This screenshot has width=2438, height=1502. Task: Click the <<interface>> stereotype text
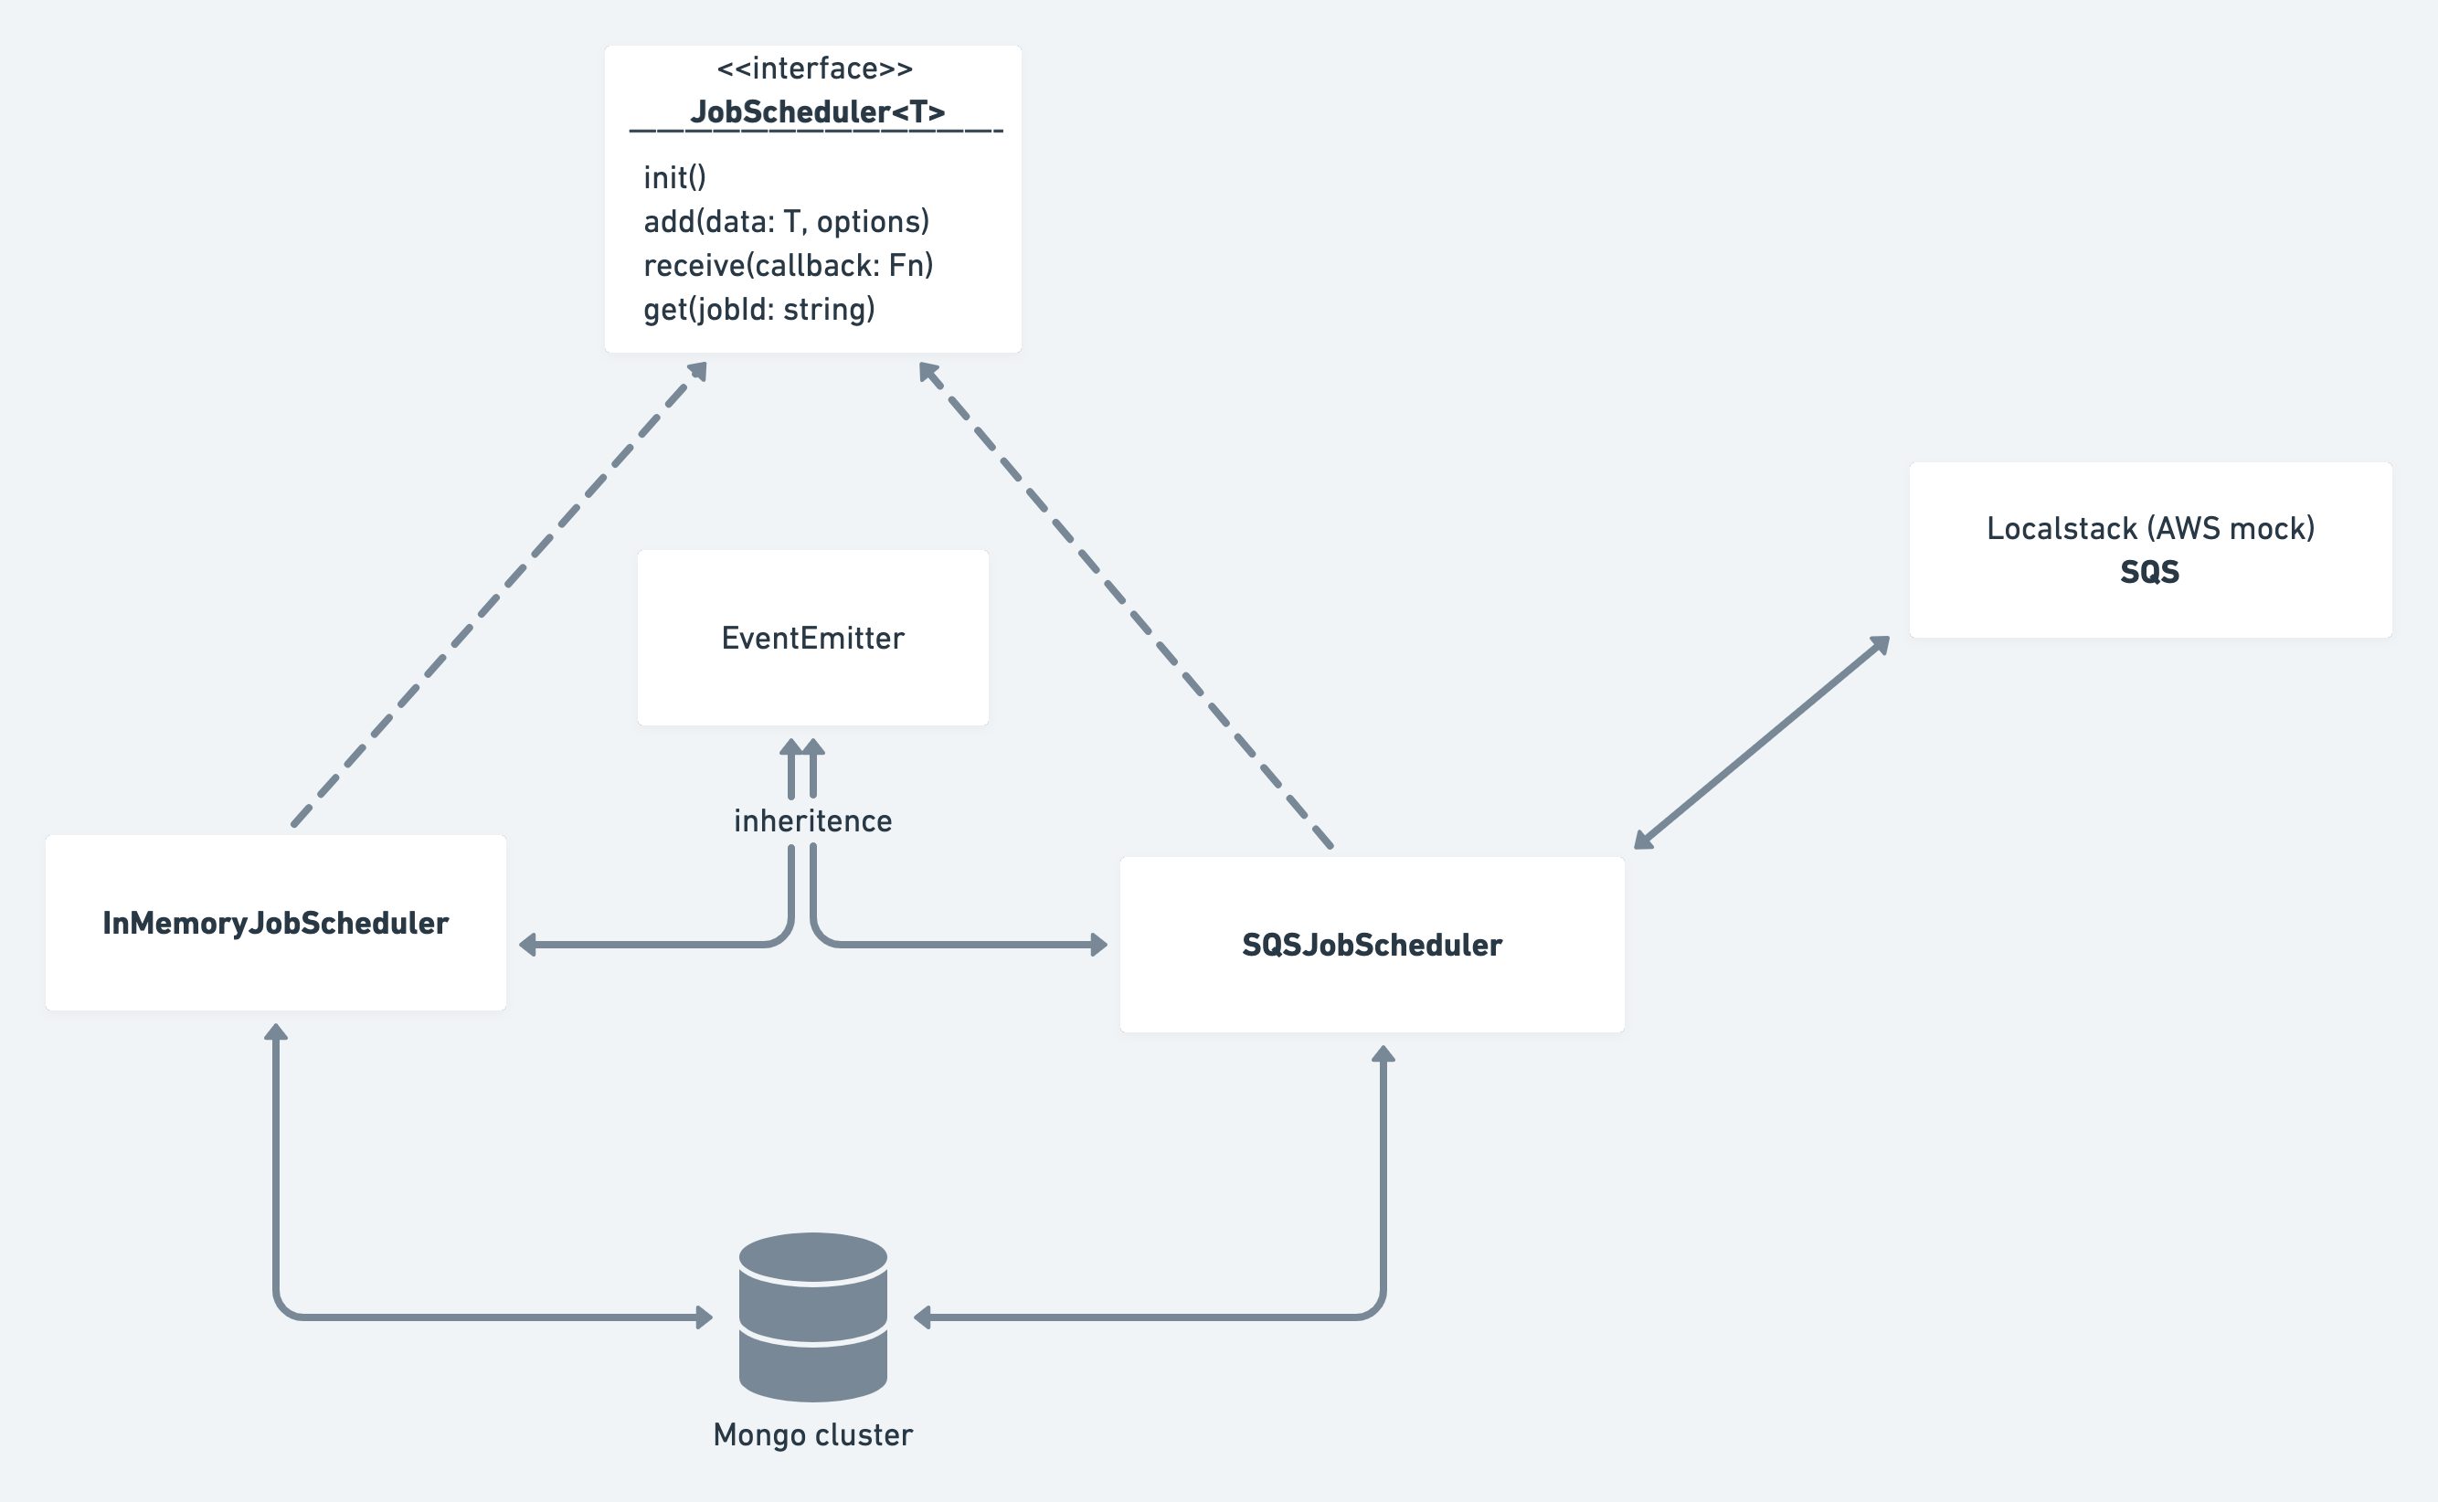click(813, 69)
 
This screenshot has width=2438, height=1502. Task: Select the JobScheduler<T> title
click(817, 111)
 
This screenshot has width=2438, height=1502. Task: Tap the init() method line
click(674, 178)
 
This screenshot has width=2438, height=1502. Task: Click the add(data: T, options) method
click(786, 221)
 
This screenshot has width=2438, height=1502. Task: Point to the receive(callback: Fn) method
click(788, 265)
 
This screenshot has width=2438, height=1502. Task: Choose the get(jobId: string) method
click(759, 309)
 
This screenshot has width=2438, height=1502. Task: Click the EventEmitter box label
click(812, 638)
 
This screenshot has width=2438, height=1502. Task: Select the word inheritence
click(812, 820)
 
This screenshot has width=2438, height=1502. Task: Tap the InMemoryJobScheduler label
click(275, 923)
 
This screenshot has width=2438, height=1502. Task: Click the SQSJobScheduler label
click(1371, 945)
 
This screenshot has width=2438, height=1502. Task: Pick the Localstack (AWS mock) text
click(2150, 528)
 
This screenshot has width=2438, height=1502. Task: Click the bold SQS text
click(2149, 572)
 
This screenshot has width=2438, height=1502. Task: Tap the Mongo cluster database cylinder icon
click(812, 1317)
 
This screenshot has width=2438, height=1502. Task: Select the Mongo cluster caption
click(812, 1434)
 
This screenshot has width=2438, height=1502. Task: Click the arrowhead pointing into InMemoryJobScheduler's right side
click(527, 945)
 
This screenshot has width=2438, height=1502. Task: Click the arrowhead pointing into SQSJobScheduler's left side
click(1097, 945)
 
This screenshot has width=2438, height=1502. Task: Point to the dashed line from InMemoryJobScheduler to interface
click(497, 596)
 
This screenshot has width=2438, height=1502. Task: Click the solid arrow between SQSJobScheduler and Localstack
click(1761, 744)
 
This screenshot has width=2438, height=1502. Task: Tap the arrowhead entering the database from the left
click(705, 1317)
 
